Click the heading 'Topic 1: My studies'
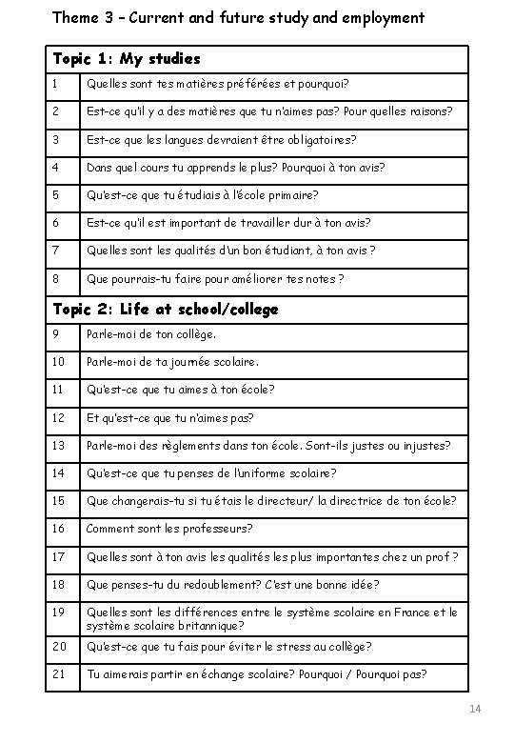pos(127,59)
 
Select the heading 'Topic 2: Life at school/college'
pos(165,309)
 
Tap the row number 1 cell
pos(57,84)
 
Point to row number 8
pos(58,278)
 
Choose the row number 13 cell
pos(59,445)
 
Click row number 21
pos(59,674)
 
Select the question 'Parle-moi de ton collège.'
pos(151,334)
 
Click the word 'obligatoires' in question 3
pos(322,140)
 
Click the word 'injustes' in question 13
pos(426,445)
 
